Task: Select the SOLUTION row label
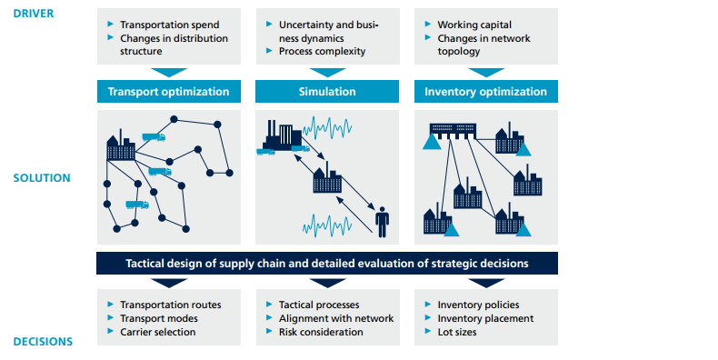pos(41,177)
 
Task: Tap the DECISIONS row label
pos(42,342)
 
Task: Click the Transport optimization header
pos(169,92)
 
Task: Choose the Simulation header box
pos(326,92)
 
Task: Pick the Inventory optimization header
pos(485,92)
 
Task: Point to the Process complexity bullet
pos(323,52)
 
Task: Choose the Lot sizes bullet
pos(464,332)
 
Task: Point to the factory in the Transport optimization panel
pos(120,148)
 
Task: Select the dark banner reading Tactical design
pos(326,264)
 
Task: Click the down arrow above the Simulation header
pos(326,72)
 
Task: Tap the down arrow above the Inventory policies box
pos(485,282)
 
